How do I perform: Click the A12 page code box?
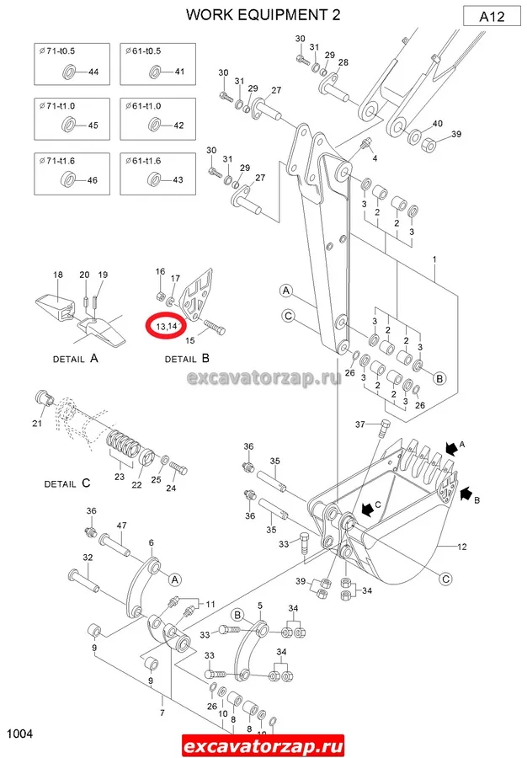click(492, 17)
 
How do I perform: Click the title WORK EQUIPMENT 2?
click(263, 15)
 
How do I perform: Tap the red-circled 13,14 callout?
click(167, 326)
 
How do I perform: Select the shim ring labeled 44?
click(69, 72)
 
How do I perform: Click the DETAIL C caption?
click(67, 483)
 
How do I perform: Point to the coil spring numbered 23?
click(123, 440)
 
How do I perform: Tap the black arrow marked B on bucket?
click(466, 494)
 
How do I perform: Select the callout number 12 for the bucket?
click(462, 547)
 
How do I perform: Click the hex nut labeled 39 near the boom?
click(429, 143)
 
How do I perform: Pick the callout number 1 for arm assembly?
click(434, 259)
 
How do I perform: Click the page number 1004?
click(20, 734)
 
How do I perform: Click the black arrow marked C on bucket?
click(368, 509)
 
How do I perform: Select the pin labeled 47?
click(114, 544)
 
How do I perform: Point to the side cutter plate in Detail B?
click(196, 294)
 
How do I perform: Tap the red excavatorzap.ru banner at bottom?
click(263, 745)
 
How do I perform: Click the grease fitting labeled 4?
click(365, 144)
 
